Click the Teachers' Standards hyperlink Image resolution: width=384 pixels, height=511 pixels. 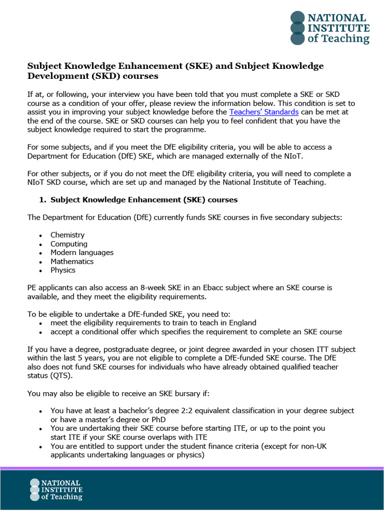(263, 112)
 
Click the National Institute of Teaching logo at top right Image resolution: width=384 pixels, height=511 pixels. (330, 28)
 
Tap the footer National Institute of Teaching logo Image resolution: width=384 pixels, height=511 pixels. (56, 490)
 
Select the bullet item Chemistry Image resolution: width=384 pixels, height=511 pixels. (67, 235)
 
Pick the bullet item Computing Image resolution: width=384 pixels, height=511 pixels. (69, 244)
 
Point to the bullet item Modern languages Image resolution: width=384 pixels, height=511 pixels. (82, 253)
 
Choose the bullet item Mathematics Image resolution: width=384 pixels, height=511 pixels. (72, 261)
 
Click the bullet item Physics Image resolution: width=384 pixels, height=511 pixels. (63, 270)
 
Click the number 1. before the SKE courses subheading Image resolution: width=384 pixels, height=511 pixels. (42, 200)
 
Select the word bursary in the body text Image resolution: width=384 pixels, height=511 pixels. (165, 393)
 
